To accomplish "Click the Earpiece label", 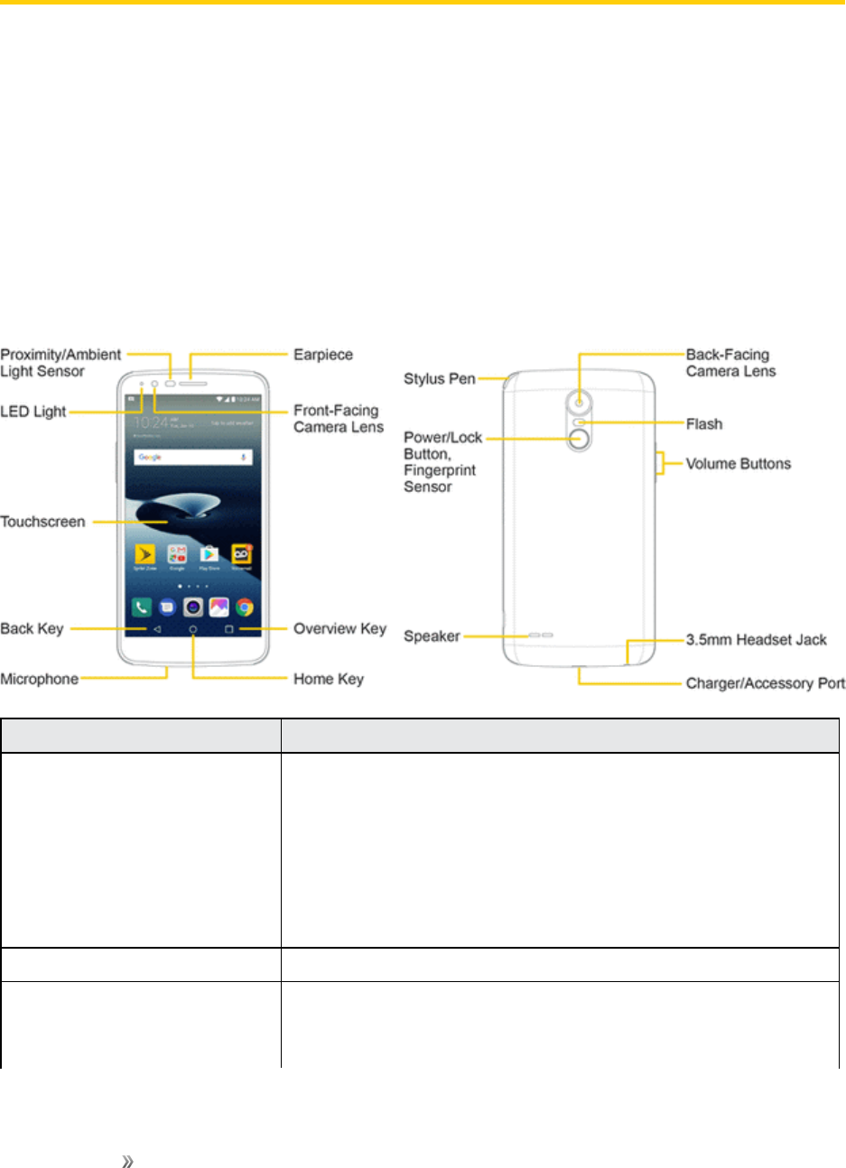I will pos(323,355).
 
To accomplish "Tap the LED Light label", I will pos(33,412).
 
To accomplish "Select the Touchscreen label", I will pos(42,522).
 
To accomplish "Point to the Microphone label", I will pos(39,679).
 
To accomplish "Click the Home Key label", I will pos(329,679).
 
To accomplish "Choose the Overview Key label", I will pos(339,628).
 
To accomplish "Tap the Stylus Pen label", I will pos(439,378).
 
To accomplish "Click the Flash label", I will pos(704,424).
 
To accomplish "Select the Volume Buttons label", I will pos(738,464).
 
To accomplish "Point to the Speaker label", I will pos(432,636).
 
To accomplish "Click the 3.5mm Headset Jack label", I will pos(757,639).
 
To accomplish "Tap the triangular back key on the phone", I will pos(157,629).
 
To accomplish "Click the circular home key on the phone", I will pos(192,629).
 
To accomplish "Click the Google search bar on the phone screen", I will pos(192,458).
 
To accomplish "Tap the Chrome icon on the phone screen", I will pos(244,607).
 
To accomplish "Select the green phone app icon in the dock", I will pos(142,607).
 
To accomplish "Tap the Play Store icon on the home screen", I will pos(209,554).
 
